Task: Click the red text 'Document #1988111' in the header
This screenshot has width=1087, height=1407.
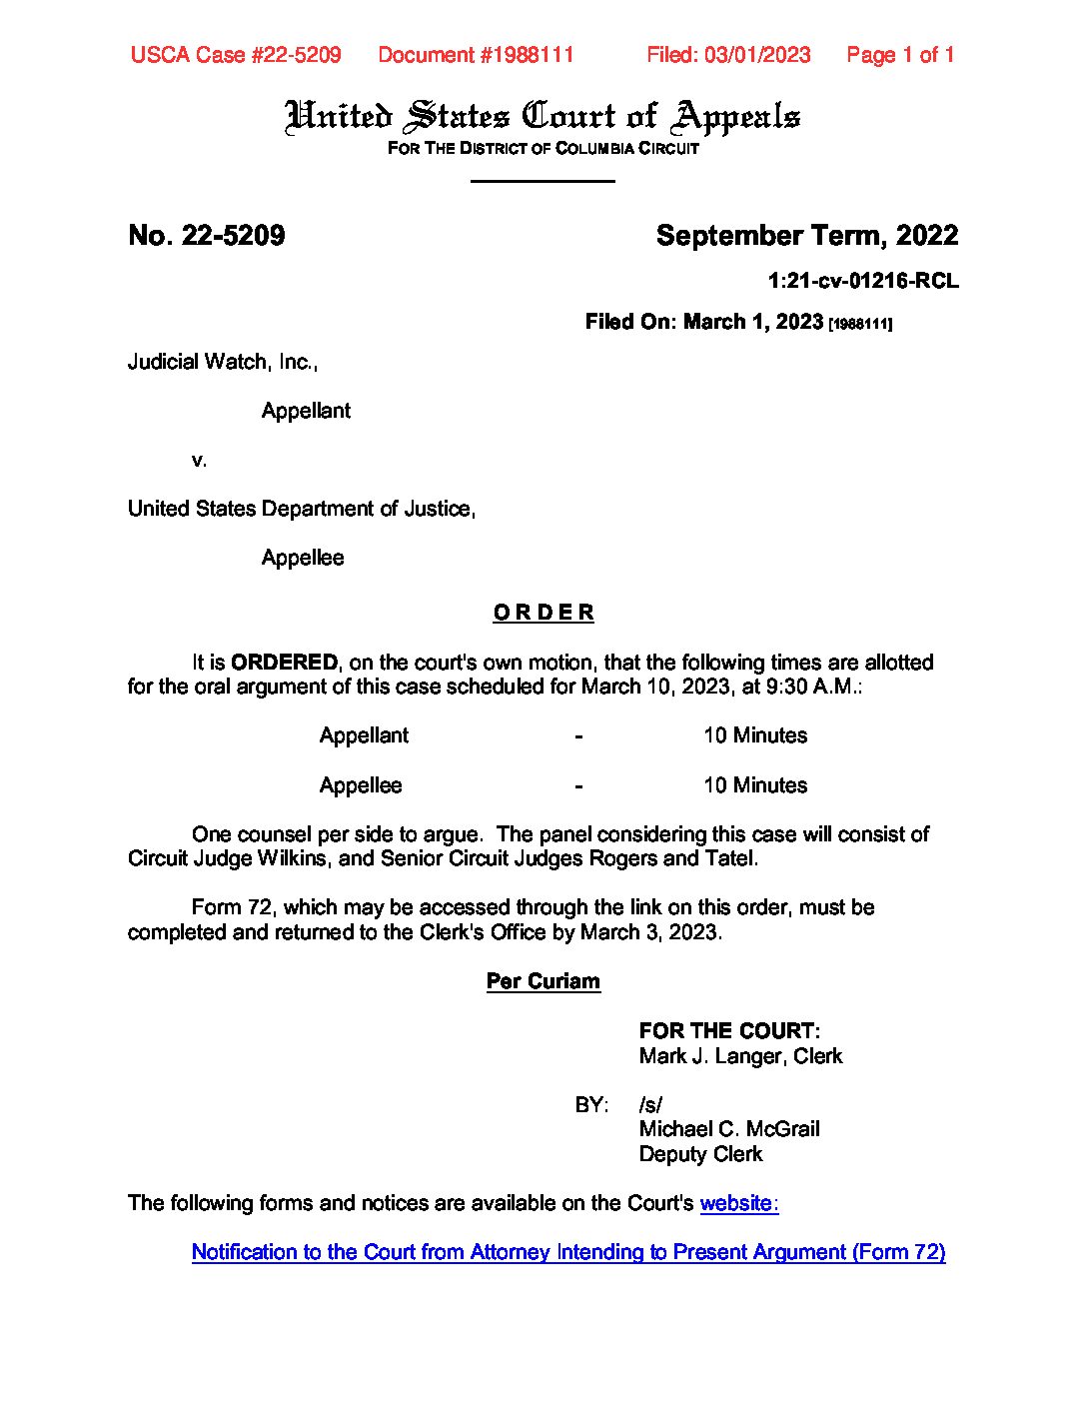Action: pos(476,55)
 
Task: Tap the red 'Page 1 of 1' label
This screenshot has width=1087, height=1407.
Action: pos(899,55)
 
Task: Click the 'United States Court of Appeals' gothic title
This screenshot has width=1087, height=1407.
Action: pos(543,117)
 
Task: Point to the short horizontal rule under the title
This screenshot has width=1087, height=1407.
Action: pos(543,181)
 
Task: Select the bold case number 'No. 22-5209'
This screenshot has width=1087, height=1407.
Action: pos(207,236)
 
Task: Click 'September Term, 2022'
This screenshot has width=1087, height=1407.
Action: pos(806,236)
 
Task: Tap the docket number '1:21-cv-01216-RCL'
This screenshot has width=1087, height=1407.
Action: pos(862,282)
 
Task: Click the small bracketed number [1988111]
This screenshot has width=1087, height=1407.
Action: pos(860,324)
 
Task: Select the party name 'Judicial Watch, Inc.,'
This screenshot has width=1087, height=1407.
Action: pos(222,362)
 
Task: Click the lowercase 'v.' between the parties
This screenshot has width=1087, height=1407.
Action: pos(200,460)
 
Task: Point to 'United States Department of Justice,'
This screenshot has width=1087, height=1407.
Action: pos(301,509)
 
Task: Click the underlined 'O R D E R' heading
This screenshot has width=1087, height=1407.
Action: pos(543,613)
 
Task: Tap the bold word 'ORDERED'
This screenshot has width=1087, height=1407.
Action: pos(284,663)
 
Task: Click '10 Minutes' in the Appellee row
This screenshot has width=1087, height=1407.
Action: pos(754,785)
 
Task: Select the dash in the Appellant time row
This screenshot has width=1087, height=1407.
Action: pos(578,736)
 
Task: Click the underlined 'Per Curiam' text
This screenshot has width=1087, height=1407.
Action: pos(543,981)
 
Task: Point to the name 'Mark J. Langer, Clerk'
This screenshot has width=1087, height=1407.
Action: pos(740,1056)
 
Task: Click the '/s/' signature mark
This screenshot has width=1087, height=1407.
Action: pos(650,1105)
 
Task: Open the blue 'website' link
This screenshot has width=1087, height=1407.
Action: pos(736,1203)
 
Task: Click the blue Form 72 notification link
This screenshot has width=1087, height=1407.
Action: pos(567,1252)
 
